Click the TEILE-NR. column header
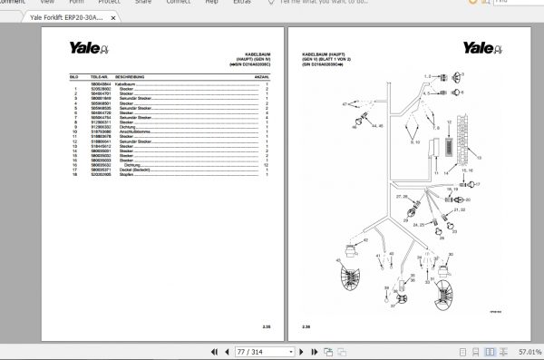click(99, 79)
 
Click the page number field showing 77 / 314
click(238, 352)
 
